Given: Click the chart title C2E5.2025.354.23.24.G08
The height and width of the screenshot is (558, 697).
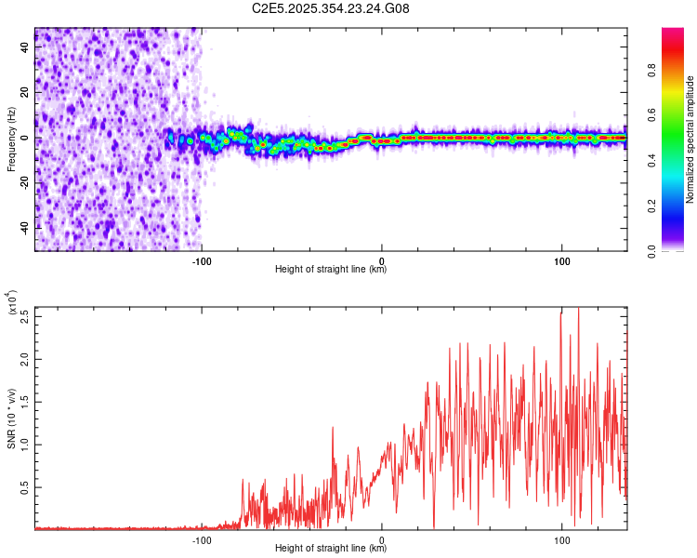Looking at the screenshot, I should click(x=331, y=9).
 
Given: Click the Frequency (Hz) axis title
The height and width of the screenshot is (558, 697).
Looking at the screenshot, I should click(x=11, y=139).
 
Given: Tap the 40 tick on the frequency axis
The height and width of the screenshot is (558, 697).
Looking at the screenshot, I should click(x=26, y=48).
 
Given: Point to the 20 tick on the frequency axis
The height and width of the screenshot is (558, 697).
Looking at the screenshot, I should click(x=26, y=93).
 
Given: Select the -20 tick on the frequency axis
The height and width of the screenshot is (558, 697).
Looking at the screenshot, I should click(x=26, y=182).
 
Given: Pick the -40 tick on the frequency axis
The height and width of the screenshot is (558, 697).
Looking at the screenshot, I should click(x=26, y=227).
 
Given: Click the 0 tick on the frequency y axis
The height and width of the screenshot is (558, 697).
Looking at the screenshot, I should click(x=26, y=138).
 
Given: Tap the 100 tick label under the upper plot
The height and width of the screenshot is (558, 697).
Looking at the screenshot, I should click(x=561, y=259).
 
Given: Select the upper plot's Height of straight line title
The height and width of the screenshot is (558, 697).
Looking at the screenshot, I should click(x=331, y=270).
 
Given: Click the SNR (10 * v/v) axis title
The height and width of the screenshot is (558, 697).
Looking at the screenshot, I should click(x=11, y=418).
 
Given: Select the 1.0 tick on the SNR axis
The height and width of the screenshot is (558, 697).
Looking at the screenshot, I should click(x=26, y=444).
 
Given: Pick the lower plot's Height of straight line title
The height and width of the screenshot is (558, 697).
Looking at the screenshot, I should click(x=331, y=549).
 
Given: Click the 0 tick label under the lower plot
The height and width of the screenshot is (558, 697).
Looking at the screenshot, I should click(x=382, y=538).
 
